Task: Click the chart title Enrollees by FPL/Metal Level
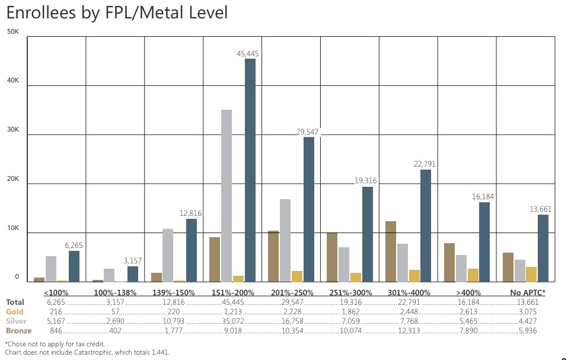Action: pyautogui.click(x=117, y=13)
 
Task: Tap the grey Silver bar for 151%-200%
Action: pyautogui.click(x=227, y=196)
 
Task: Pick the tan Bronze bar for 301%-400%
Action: pyautogui.click(x=391, y=251)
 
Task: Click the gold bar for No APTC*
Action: pyautogui.click(x=531, y=275)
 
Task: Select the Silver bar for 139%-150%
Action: pyautogui.click(x=168, y=255)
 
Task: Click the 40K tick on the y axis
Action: pyautogui.click(x=13, y=86)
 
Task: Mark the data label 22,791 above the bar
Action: pyautogui.click(x=423, y=164)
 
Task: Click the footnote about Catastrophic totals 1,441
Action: pyautogui.click(x=87, y=352)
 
